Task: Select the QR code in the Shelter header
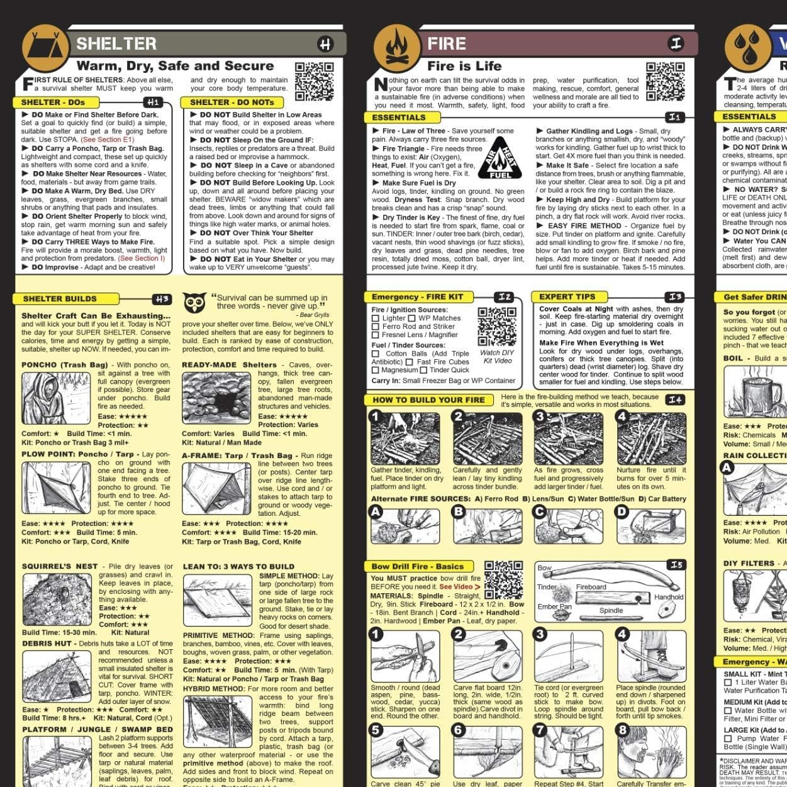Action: [x=314, y=82]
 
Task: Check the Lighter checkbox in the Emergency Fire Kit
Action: [x=376, y=318]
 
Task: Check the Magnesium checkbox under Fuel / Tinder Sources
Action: [x=376, y=371]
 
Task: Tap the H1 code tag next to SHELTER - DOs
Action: [x=153, y=102]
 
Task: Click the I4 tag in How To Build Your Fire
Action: [x=675, y=399]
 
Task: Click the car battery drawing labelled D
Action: [x=651, y=524]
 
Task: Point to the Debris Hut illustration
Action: [x=57, y=677]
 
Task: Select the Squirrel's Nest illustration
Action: [x=57, y=600]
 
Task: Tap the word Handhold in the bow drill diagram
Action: [x=668, y=596]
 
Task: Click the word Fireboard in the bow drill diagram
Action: [x=591, y=587]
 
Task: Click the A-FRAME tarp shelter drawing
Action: [x=207, y=489]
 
